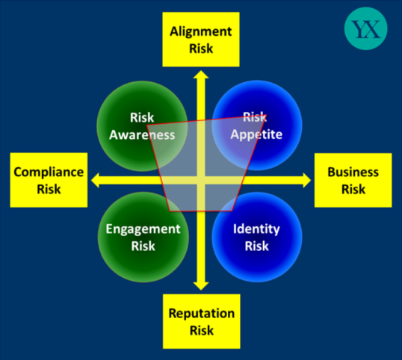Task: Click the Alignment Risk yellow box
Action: coord(201,40)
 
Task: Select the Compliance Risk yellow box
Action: coord(49,180)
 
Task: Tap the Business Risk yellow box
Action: coord(353,180)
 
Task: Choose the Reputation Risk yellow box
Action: coord(202,321)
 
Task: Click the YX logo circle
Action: coord(366,28)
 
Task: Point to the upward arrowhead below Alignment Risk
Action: coord(201,75)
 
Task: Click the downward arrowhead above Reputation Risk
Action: coord(201,286)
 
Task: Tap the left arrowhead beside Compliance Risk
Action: coord(95,180)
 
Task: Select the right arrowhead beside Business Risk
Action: coord(307,180)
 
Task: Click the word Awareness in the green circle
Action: coord(142,134)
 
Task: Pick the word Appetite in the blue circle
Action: coord(256,134)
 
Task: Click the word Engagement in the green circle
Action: coord(143,229)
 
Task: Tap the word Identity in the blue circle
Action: coord(256,229)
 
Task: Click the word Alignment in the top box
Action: coord(201,32)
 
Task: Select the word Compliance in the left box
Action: coord(49,172)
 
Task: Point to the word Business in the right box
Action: coord(353,172)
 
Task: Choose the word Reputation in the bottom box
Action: coord(202,314)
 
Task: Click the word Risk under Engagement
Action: coord(143,246)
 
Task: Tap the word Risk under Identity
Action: coord(256,246)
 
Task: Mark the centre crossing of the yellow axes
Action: coord(201,180)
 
